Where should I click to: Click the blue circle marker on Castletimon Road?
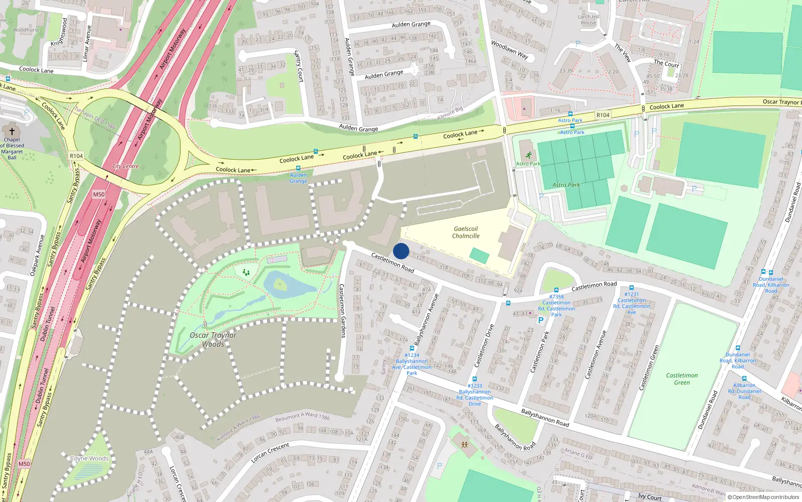(401, 251)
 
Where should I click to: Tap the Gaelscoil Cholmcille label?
(466, 232)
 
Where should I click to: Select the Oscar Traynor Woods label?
(213, 339)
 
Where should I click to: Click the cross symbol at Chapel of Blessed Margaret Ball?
(12, 131)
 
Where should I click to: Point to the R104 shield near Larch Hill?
(603, 115)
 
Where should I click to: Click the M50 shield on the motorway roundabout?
(99, 194)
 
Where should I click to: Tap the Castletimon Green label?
(682, 379)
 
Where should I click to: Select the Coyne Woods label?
(89, 458)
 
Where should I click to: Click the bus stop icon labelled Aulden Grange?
(298, 169)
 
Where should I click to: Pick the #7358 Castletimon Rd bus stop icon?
(556, 290)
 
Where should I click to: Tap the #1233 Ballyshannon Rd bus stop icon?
(475, 379)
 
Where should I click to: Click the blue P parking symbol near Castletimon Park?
(541, 320)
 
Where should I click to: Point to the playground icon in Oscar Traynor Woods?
(246, 273)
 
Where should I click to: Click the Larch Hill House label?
(588, 20)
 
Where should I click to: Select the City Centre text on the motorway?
(125, 166)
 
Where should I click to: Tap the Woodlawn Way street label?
(510, 50)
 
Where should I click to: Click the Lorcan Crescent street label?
(270, 453)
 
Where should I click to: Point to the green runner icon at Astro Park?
(528, 155)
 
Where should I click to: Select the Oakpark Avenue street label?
(37, 255)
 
